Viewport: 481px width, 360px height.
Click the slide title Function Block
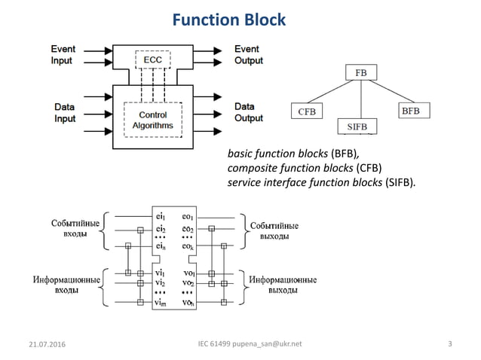[229, 19]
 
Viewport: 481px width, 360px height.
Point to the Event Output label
[247, 54]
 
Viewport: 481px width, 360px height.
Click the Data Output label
[248, 112]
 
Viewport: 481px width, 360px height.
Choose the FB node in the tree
[360, 74]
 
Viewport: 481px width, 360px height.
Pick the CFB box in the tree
[306, 112]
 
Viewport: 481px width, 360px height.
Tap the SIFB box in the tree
[360, 125]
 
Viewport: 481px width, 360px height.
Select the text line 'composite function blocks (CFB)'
[305, 167]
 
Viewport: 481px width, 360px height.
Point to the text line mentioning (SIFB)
[321, 182]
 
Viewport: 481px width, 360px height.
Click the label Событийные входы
[72, 230]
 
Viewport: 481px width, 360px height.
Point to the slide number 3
[449, 345]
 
